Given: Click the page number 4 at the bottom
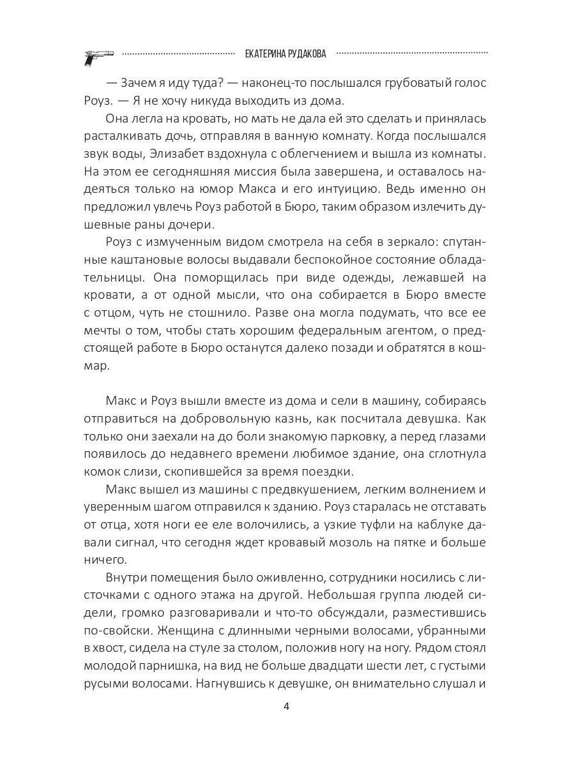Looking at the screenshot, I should click(x=287, y=706).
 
